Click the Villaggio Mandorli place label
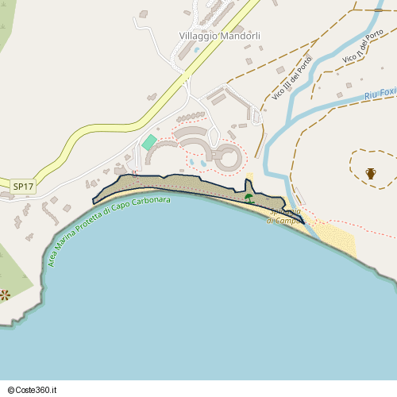click(x=220, y=37)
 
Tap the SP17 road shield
click(x=23, y=187)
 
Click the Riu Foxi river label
click(x=380, y=94)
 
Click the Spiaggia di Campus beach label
click(x=284, y=216)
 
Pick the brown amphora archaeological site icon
click(x=371, y=172)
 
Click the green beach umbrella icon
click(x=249, y=198)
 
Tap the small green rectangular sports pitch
click(x=149, y=142)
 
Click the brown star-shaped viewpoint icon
click(x=5, y=295)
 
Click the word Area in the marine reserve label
click(x=53, y=256)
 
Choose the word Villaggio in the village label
click(x=198, y=37)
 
